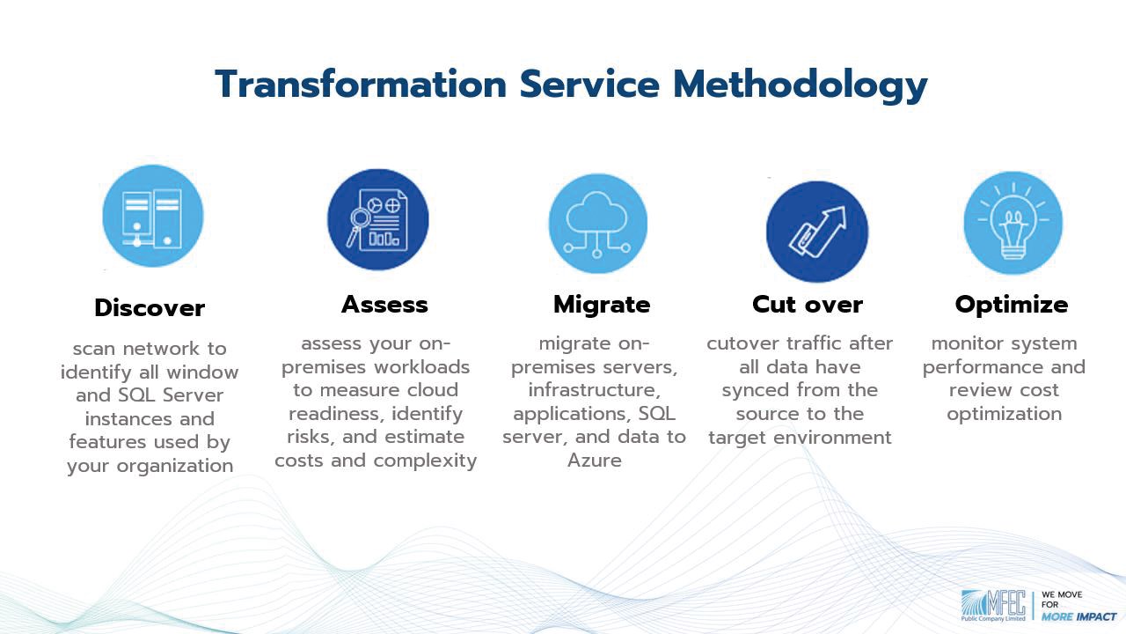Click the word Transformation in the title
tap(361, 84)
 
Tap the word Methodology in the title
tap(800, 86)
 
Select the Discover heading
tap(150, 307)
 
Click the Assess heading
tap(384, 305)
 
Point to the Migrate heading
tap(602, 305)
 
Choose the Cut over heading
tap(808, 305)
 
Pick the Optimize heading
tap(1012, 305)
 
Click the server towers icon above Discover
tap(152, 217)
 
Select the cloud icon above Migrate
tap(597, 224)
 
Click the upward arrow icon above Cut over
tap(818, 232)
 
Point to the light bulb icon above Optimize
tap(1013, 221)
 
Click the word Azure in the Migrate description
tap(594, 461)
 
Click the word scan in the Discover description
tap(94, 349)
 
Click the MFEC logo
tap(993, 605)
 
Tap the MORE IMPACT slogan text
tap(1078, 617)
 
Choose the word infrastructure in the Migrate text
tap(594, 390)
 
